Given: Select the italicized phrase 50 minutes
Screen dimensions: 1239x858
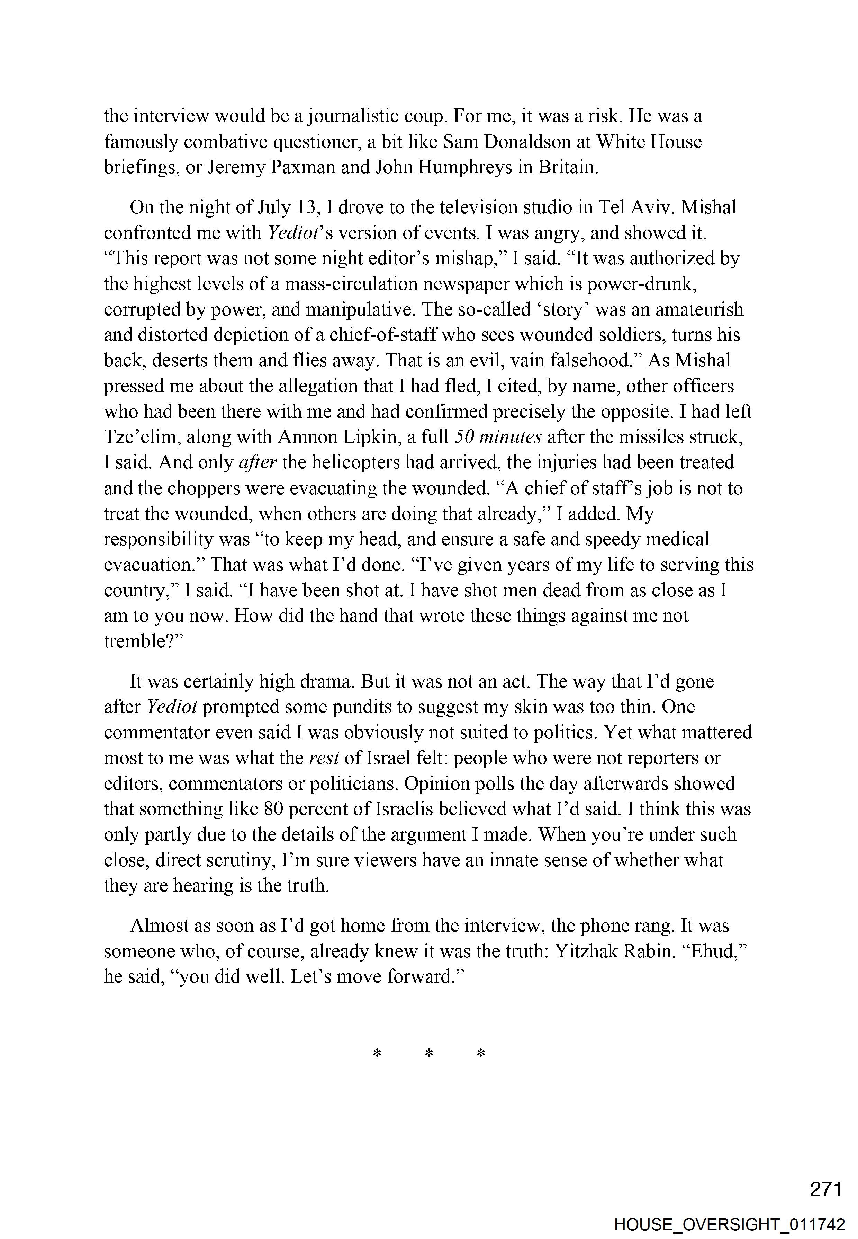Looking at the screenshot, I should pos(498,437).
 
